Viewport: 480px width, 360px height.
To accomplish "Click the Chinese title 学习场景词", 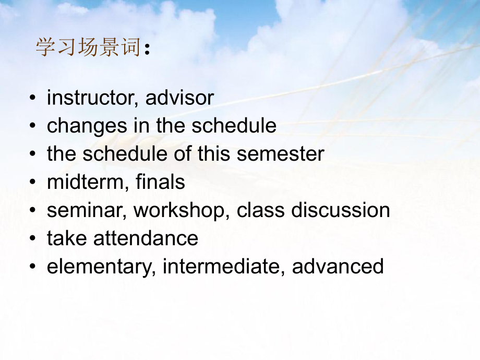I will (88, 48).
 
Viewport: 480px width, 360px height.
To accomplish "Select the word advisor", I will (179, 98).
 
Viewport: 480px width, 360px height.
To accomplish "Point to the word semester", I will (280, 154).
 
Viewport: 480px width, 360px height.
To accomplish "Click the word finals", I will (160, 182).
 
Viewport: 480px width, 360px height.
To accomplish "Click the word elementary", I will (101, 267).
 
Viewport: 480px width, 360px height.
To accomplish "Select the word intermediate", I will (224, 267).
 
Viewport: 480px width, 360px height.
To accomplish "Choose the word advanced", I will (338, 267).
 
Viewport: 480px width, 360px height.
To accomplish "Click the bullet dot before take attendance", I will (33, 239).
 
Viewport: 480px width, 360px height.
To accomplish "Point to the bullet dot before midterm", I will (33, 183).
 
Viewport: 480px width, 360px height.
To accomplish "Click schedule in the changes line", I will (234, 126).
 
